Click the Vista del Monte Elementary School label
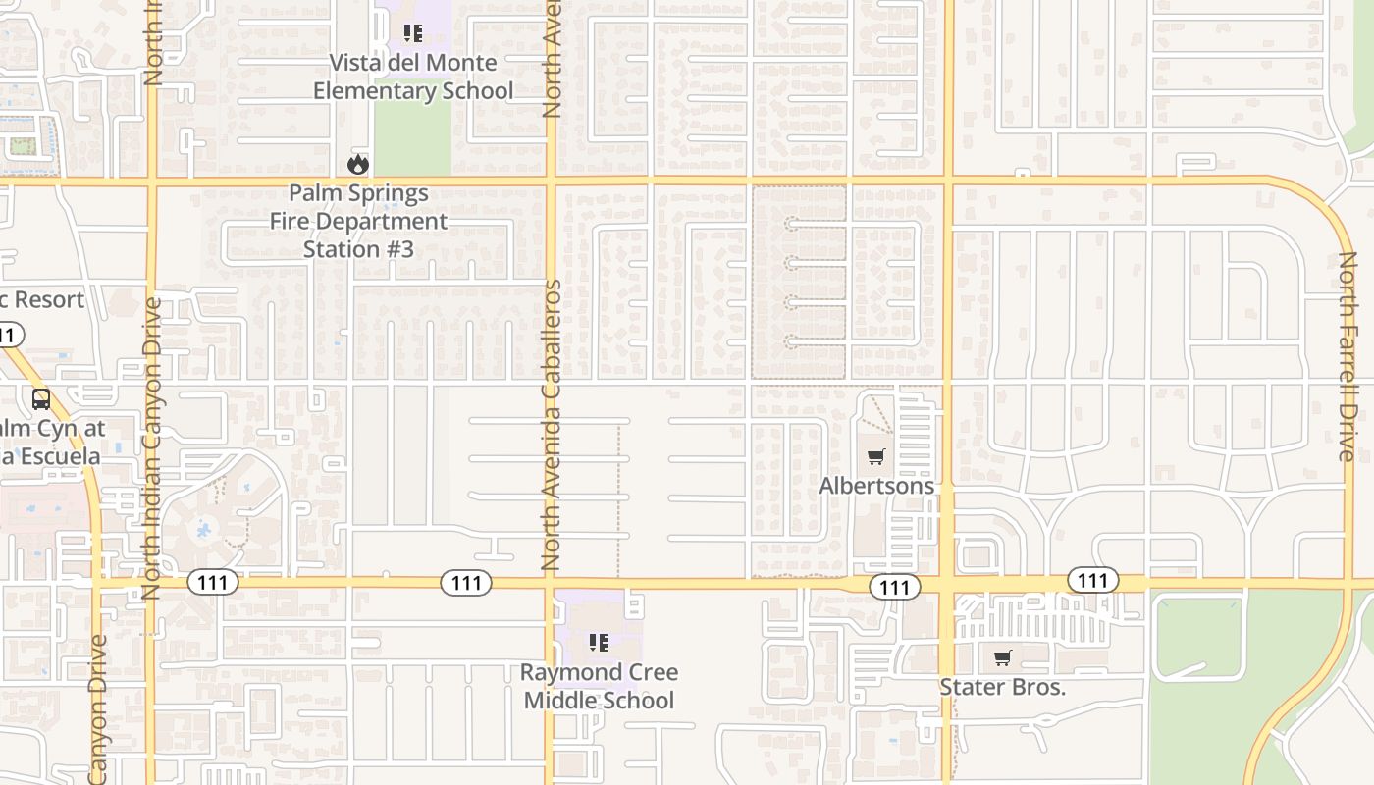[413, 77]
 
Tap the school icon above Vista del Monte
[413, 33]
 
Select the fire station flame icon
[358, 164]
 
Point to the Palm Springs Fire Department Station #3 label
[359, 221]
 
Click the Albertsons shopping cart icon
[875, 456]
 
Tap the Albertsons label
[876, 486]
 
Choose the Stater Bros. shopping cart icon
[1002, 658]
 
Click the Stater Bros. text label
[1002, 687]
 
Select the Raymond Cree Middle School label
[599, 686]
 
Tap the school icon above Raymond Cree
[598, 643]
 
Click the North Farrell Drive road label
[1348, 356]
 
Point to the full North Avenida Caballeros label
[551, 425]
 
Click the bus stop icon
[41, 399]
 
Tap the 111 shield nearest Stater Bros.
[1091, 580]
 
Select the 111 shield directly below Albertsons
[894, 587]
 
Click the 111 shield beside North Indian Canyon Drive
[212, 583]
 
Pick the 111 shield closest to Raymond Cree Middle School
[466, 583]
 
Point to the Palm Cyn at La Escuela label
[51, 443]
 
